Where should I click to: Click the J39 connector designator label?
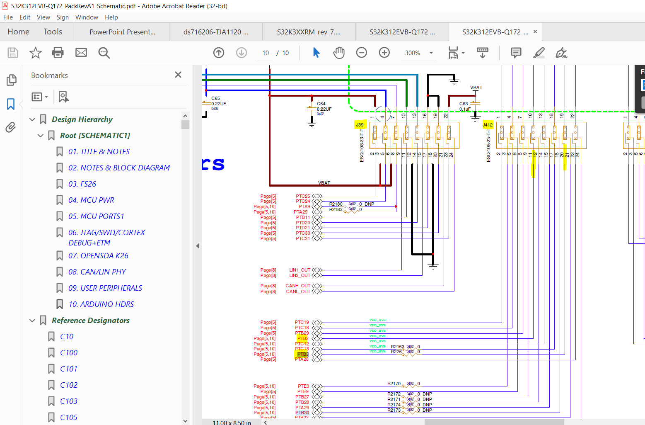360,125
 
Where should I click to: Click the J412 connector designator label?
488,125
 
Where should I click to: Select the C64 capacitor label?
321,104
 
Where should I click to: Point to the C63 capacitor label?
464,104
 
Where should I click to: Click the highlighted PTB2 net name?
303,338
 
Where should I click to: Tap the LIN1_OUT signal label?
300,270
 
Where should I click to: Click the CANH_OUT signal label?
298,286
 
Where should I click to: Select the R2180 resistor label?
336,204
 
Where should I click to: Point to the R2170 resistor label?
394,384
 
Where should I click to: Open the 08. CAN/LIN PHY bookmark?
97,272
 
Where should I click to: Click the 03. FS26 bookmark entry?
82,184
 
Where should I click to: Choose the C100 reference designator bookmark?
69,353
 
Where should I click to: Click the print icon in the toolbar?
58,53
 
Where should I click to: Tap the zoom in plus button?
384,53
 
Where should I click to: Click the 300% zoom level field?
413,53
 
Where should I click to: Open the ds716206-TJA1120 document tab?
215,32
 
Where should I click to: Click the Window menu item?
87,17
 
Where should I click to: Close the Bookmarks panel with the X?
178,75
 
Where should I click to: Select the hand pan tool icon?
339,53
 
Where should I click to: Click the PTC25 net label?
303,196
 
